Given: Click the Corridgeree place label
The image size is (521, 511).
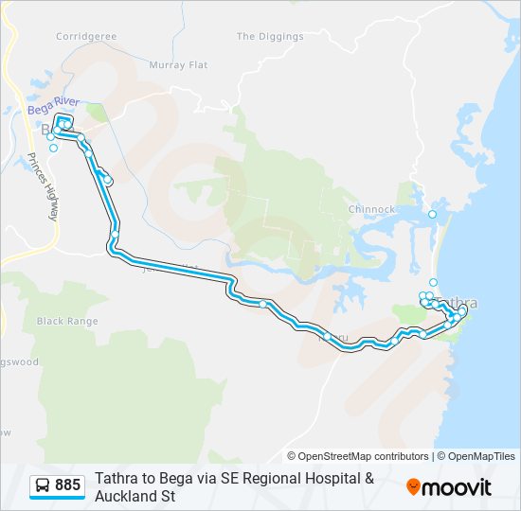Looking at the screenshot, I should pos(85,36).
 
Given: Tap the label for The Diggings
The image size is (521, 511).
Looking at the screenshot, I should pos(270,37).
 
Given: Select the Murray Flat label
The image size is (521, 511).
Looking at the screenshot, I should pos(178,65).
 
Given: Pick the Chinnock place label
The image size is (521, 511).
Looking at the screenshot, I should pos(371,209).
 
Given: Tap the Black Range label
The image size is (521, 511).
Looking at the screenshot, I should pos(67,321).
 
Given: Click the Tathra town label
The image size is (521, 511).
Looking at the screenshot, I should pos(460,304).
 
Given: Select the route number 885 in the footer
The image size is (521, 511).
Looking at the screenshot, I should pos(67,485).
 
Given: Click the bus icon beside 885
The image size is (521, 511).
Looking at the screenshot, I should pos(43,485).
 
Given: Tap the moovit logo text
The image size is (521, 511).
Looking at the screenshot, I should pos(458,487).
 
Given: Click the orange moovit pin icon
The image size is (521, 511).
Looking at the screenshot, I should pos(413,487).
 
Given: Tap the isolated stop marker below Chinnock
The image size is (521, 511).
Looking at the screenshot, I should pos(433,215).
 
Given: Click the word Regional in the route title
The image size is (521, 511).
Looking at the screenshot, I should pos(269,478).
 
